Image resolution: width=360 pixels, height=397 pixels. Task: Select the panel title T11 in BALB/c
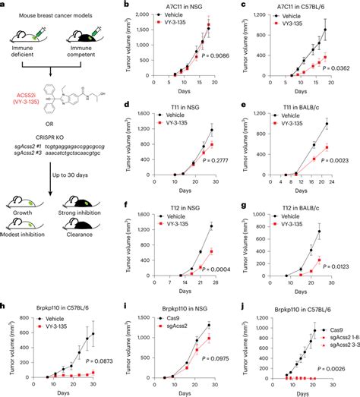[299, 109]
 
